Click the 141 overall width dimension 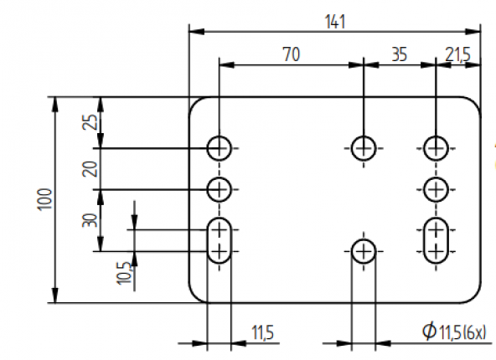[334, 21]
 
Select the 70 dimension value [290, 54]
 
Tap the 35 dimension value [398, 54]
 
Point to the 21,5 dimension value [458, 54]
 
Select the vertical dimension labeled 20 [91, 167]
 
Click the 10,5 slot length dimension [124, 273]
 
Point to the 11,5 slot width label [262, 332]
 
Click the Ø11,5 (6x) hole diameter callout [453, 332]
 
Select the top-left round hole [220, 148]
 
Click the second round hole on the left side [220, 188]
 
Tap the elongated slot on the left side [220, 240]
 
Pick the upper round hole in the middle [363, 148]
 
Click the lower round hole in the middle [363, 250]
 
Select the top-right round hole [434, 148]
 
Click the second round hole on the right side [434, 188]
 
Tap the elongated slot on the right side [434, 240]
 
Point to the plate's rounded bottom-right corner [473, 295]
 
